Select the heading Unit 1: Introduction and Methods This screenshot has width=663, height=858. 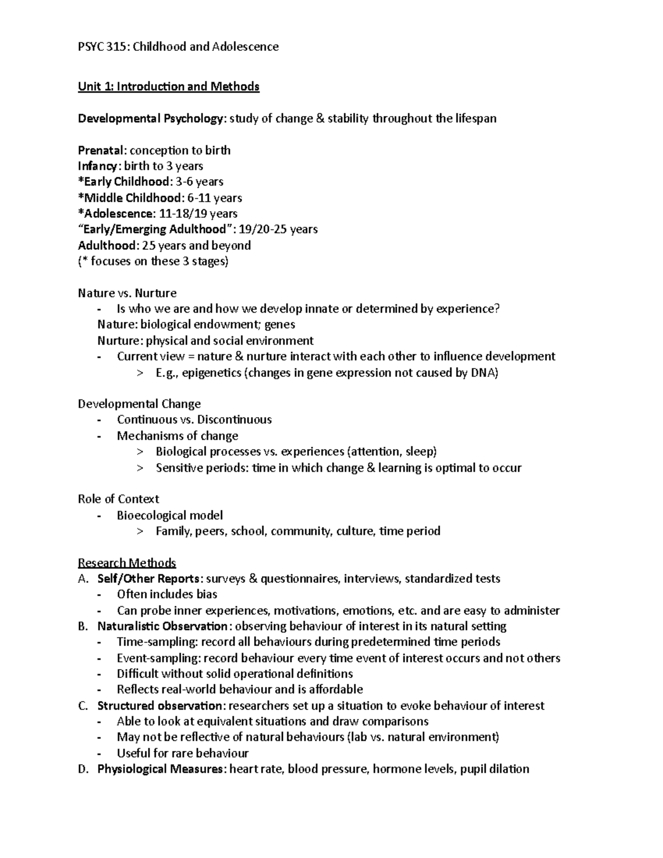(169, 87)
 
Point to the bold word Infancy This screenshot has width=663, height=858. (98, 166)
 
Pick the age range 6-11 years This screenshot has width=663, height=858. (214, 198)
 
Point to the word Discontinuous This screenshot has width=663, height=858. (234, 420)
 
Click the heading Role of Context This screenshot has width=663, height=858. (118, 499)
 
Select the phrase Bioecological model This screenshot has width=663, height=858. (170, 515)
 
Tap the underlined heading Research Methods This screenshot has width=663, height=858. (127, 563)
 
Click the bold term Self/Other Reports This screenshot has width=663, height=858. (148, 579)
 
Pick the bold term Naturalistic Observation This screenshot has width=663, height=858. (162, 627)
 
